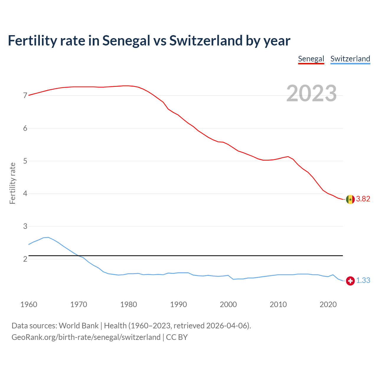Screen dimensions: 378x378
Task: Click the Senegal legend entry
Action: click(311, 59)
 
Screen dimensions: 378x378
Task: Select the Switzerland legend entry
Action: click(350, 59)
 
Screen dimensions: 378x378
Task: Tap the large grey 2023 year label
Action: click(312, 93)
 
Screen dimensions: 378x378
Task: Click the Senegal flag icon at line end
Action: click(350, 199)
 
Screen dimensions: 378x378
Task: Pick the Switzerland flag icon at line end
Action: click(350, 281)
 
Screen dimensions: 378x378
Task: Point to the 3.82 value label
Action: click(363, 199)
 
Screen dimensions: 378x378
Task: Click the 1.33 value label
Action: click(363, 281)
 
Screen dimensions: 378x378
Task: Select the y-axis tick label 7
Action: click(25, 96)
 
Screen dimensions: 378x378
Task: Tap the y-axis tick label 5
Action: click(25, 161)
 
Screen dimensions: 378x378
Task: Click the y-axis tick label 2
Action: click(25, 259)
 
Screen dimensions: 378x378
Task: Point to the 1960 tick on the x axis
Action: click(29, 304)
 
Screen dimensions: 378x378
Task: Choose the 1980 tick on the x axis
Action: click(128, 304)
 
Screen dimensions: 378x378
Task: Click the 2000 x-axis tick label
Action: click(228, 304)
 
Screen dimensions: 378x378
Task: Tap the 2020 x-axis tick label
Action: click(328, 304)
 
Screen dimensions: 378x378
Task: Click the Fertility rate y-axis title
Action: click(12, 183)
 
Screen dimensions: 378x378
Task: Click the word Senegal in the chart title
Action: click(126, 40)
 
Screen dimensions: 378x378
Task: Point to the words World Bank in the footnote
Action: click(79, 326)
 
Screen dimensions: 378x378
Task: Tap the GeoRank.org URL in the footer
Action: click(86, 337)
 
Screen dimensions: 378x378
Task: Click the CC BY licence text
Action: click(177, 337)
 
